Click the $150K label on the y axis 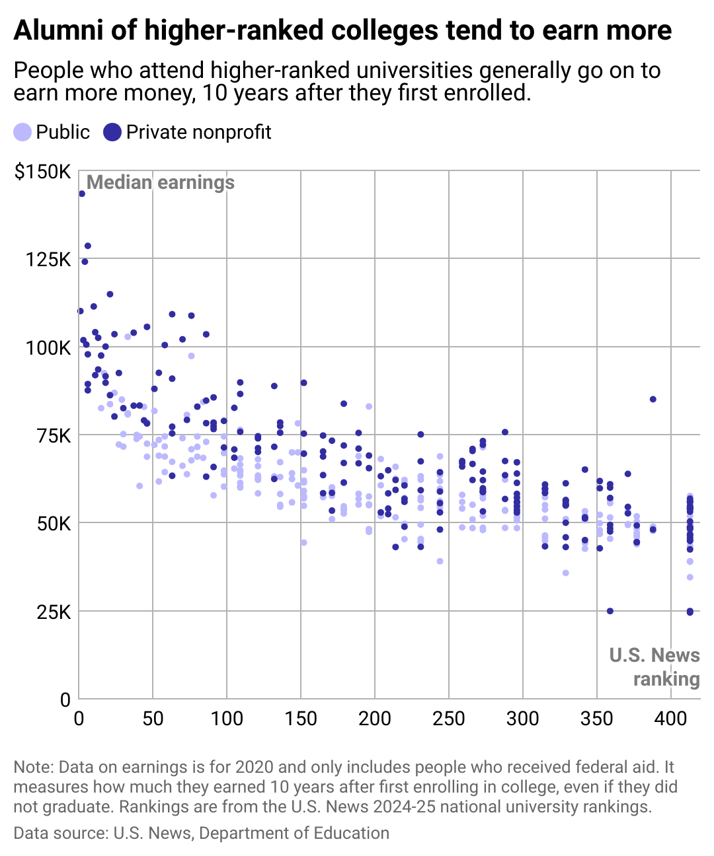(42, 172)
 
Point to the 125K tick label (48, 259)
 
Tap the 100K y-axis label (48, 347)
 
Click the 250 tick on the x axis (449, 718)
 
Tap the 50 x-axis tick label (153, 718)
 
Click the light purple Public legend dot (22, 132)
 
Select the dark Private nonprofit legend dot (113, 132)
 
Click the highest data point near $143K (82, 194)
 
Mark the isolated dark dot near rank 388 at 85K (653, 399)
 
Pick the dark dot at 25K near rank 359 (610, 611)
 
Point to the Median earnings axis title (161, 182)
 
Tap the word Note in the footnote (32, 767)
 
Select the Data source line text (201, 834)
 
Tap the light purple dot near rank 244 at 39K (440, 561)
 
